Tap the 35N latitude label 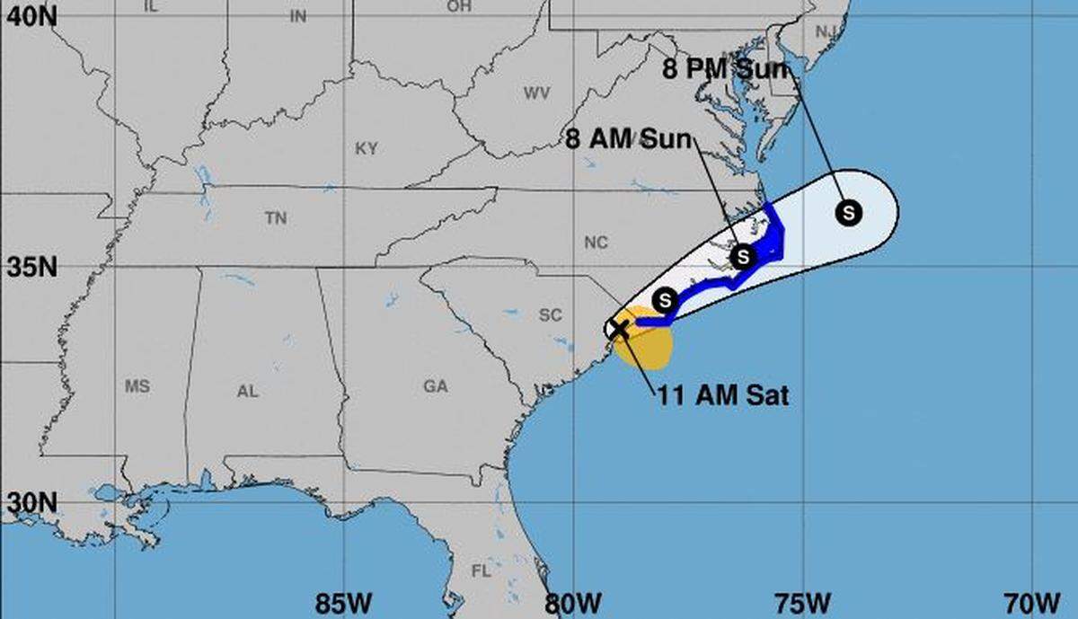[x=28, y=268]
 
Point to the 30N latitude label [x=28, y=503]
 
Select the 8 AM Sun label [x=629, y=139]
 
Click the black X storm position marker [x=620, y=328]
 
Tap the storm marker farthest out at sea [x=848, y=213]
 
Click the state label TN [x=275, y=218]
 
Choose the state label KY [x=366, y=149]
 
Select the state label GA [x=435, y=386]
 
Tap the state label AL [x=247, y=391]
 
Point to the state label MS [x=137, y=386]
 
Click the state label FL [x=482, y=570]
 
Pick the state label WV [x=536, y=93]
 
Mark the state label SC [x=550, y=315]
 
